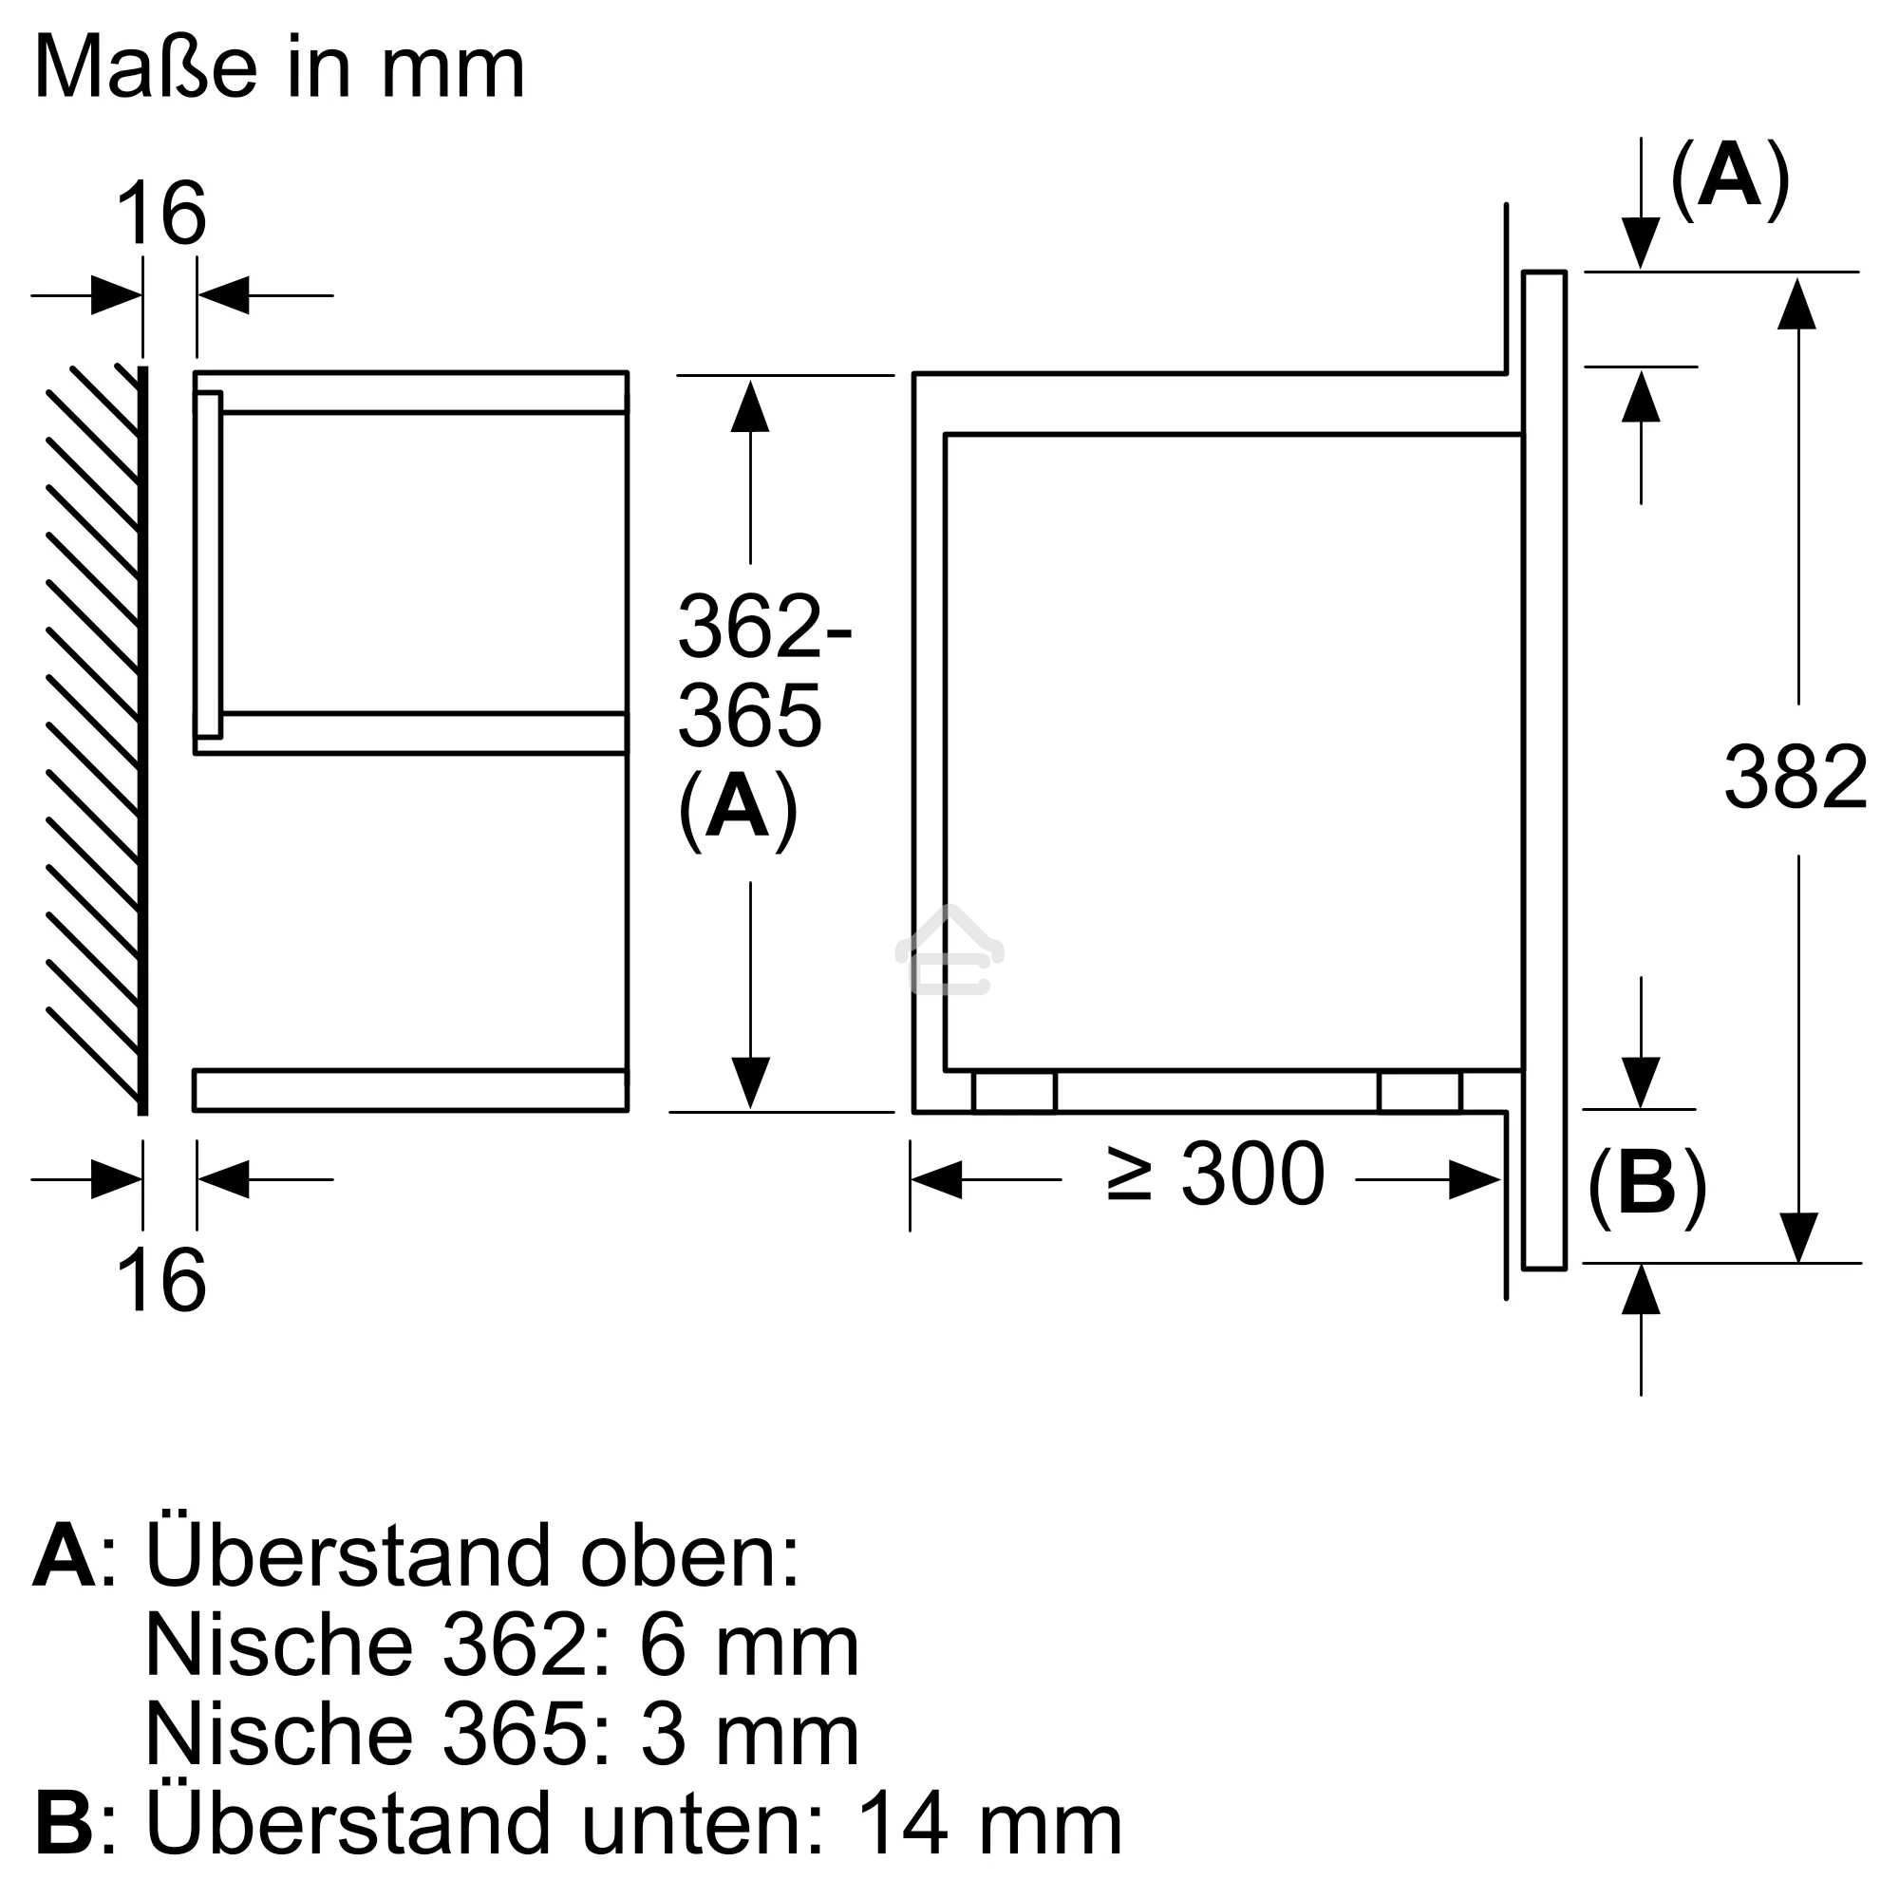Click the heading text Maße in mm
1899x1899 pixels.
279,66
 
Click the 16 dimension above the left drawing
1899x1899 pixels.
161,215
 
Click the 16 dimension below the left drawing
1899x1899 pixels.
161,1281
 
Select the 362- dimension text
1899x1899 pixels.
764,626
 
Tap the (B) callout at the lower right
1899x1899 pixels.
1646,1184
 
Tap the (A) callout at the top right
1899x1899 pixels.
1729,176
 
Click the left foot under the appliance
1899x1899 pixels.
1013,1092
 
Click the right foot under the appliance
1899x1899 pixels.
1420,1092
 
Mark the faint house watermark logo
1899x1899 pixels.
949,951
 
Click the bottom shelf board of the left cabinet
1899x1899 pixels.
410,1090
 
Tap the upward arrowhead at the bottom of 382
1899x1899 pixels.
1641,1290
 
